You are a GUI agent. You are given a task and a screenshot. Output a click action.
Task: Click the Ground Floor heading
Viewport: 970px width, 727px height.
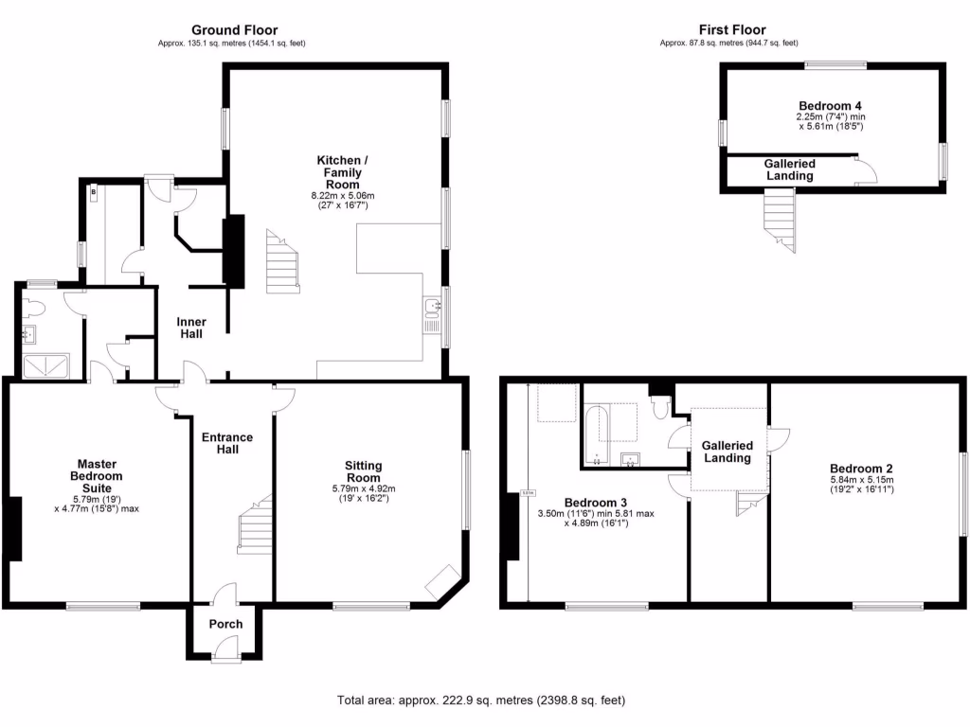click(234, 30)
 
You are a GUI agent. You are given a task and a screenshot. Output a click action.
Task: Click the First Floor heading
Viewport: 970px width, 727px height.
click(731, 30)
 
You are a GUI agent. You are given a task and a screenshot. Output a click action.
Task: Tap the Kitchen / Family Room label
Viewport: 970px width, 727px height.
click(338, 173)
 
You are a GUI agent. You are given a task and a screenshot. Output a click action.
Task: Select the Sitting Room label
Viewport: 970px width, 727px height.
click(363, 471)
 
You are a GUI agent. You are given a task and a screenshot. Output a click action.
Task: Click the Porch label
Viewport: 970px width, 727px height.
click(225, 624)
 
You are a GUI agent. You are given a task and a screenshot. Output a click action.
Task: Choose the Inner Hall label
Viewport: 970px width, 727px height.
click(191, 328)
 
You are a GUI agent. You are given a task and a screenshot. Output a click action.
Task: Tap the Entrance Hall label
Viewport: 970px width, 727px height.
click(226, 443)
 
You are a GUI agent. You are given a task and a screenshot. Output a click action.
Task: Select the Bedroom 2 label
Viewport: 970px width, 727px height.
click(861, 469)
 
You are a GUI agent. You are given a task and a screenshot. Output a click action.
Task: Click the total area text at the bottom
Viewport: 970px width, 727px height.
click(481, 700)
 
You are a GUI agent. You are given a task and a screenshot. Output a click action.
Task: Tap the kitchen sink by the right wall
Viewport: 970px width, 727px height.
click(433, 306)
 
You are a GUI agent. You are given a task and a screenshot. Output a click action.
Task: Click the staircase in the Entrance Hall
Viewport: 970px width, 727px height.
click(254, 528)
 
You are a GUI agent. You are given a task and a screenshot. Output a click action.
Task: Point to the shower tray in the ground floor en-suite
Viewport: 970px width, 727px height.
click(45, 364)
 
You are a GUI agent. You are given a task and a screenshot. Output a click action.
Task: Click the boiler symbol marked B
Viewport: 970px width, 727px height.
click(93, 193)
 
